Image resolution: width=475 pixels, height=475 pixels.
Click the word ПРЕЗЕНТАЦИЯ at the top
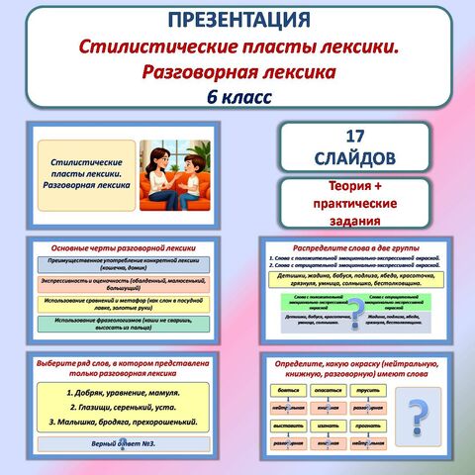tap(237, 21)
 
